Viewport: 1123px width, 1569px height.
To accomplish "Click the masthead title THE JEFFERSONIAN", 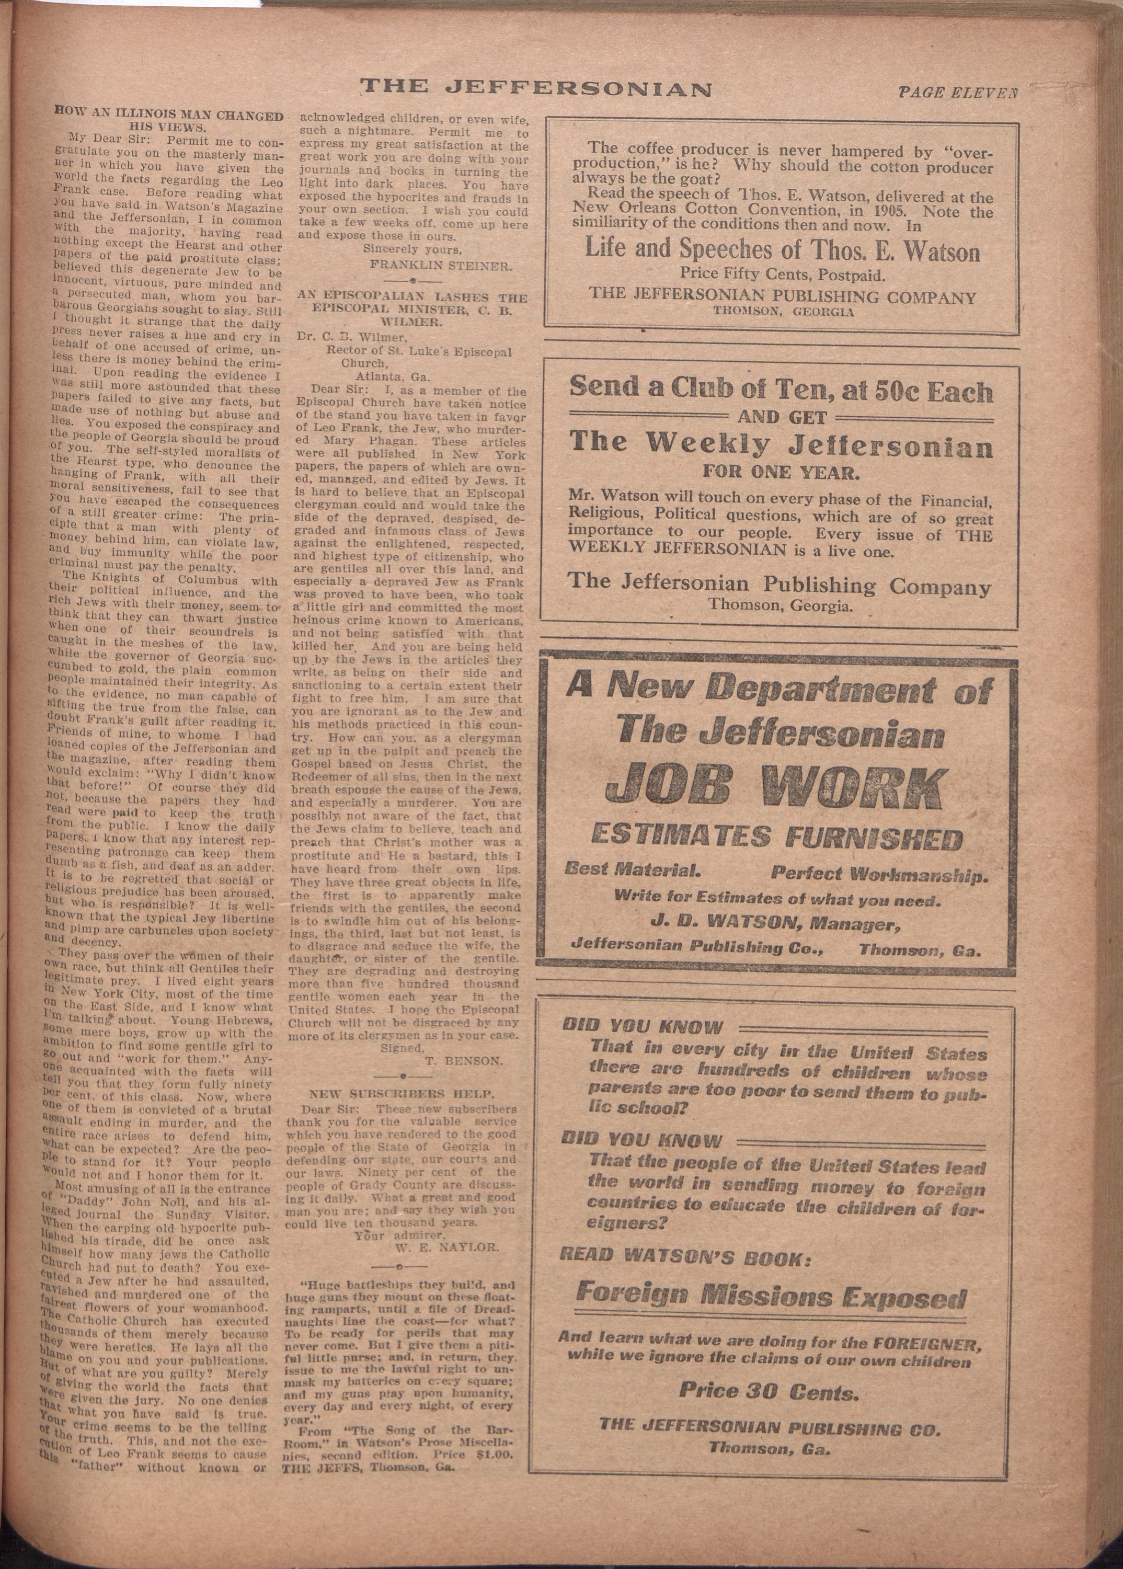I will pyautogui.click(x=536, y=88).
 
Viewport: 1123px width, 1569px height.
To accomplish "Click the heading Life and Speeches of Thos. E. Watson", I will pyautogui.click(x=782, y=249).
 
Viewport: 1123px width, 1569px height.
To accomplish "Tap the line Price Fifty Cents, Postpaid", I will pyautogui.click(x=782, y=275).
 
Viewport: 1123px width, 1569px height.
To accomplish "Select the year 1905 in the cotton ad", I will pyautogui.click(x=891, y=213).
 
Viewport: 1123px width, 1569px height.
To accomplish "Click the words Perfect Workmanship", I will pyautogui.click(x=879, y=875).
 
